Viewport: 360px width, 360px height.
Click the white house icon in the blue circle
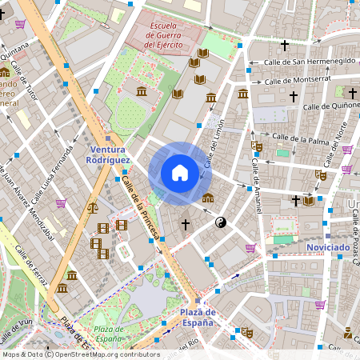tap(180, 173)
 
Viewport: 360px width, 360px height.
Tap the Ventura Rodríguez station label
tap(108, 154)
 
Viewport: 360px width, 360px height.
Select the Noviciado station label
tap(328, 247)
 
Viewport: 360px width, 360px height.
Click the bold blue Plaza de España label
tap(196, 318)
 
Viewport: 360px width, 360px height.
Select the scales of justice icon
tap(93, 207)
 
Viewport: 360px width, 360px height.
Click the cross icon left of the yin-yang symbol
tap(186, 226)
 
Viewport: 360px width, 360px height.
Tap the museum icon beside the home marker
tap(208, 198)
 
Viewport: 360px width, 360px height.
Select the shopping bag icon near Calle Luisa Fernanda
tap(61, 203)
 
